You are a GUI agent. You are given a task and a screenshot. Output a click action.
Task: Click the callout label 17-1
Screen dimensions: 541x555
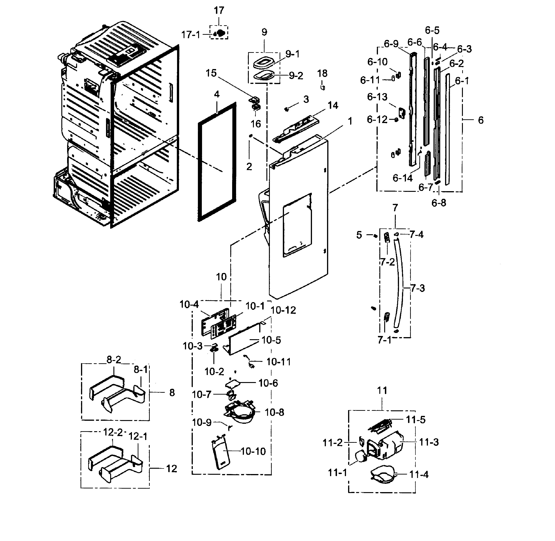coord(190,35)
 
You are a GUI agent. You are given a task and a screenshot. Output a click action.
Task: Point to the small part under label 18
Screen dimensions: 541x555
coord(322,86)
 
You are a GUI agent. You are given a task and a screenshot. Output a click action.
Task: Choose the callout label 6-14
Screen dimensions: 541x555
coord(402,178)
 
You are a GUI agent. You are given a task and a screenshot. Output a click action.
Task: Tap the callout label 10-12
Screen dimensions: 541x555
coord(283,310)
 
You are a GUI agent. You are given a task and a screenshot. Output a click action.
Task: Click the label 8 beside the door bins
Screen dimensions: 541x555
coord(172,393)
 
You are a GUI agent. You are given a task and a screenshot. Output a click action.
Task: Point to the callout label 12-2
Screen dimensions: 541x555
coord(112,432)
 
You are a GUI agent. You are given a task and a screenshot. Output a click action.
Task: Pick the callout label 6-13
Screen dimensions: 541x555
coord(377,97)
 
